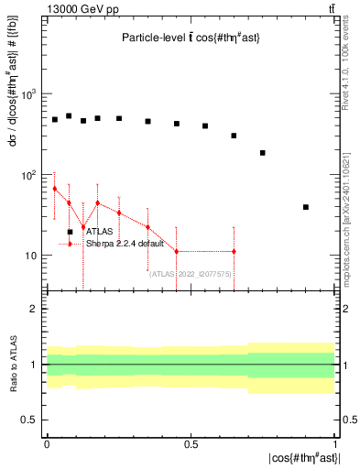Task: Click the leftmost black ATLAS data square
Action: tap(55, 119)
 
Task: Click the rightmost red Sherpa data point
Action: tap(234, 251)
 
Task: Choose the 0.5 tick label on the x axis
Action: tap(191, 443)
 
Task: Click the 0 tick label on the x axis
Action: tap(47, 443)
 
